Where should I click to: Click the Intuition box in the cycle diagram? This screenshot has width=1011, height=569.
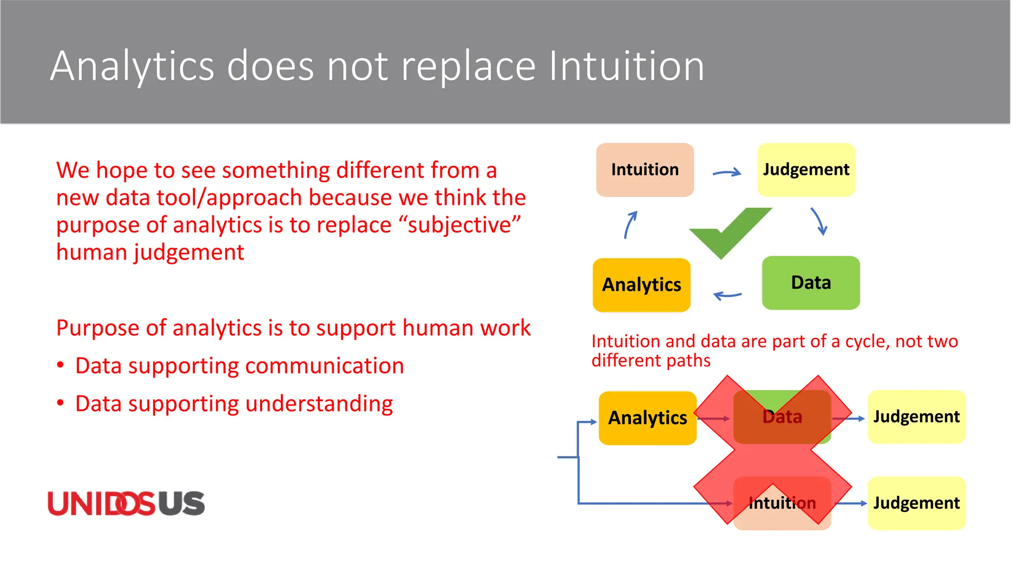coord(645,170)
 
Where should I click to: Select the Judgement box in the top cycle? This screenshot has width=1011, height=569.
coord(806,170)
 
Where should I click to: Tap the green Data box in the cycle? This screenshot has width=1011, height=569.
coord(811,283)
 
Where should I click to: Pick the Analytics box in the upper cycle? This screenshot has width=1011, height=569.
coord(641,285)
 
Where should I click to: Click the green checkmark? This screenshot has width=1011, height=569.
coord(728,232)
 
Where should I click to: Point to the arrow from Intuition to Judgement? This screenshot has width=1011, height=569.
coord(727,172)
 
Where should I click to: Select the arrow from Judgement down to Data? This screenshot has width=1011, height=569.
coord(819,222)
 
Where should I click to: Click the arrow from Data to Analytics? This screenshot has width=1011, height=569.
coord(727,295)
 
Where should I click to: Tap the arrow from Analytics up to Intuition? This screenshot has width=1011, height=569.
coord(630,225)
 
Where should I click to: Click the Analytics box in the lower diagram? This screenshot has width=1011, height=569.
coord(647,418)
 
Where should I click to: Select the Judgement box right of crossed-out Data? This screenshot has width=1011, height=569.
coord(916,417)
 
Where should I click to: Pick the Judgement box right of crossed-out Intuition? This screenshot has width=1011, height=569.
coord(916,503)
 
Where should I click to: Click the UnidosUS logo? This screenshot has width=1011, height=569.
coord(126,504)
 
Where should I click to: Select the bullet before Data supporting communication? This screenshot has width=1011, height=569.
coord(60,366)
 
